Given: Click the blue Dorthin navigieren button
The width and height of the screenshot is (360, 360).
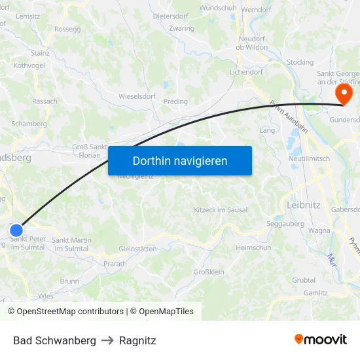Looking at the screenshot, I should [x=180, y=160].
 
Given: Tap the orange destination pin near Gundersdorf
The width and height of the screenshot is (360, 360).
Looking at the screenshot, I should [x=343, y=94].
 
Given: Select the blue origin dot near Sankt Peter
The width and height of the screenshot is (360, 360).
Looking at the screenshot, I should [x=16, y=230].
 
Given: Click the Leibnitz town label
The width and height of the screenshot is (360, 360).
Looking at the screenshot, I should [x=304, y=205].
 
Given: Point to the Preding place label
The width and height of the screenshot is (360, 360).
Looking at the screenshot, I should [x=175, y=101].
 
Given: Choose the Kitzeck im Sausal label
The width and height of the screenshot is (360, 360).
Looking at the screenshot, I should [x=221, y=209].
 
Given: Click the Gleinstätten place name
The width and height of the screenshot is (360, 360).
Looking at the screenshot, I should [x=137, y=249].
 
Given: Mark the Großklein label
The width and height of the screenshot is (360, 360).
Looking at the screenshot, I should [x=209, y=272].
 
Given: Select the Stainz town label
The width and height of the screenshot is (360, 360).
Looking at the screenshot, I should [x=40, y=52].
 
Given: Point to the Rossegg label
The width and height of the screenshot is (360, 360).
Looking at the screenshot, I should [x=67, y=29].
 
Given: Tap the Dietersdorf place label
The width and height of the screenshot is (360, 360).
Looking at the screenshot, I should [x=171, y=15].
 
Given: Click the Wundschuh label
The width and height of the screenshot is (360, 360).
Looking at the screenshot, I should [x=218, y=8].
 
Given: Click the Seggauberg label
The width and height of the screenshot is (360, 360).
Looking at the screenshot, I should [x=285, y=223].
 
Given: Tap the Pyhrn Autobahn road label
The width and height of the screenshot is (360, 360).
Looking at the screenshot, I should [x=289, y=117].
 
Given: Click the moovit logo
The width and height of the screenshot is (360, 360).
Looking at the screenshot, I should [x=321, y=340].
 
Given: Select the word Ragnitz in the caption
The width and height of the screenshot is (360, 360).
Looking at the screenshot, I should [x=137, y=340].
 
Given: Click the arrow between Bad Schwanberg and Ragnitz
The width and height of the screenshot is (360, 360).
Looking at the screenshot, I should [x=107, y=340].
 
